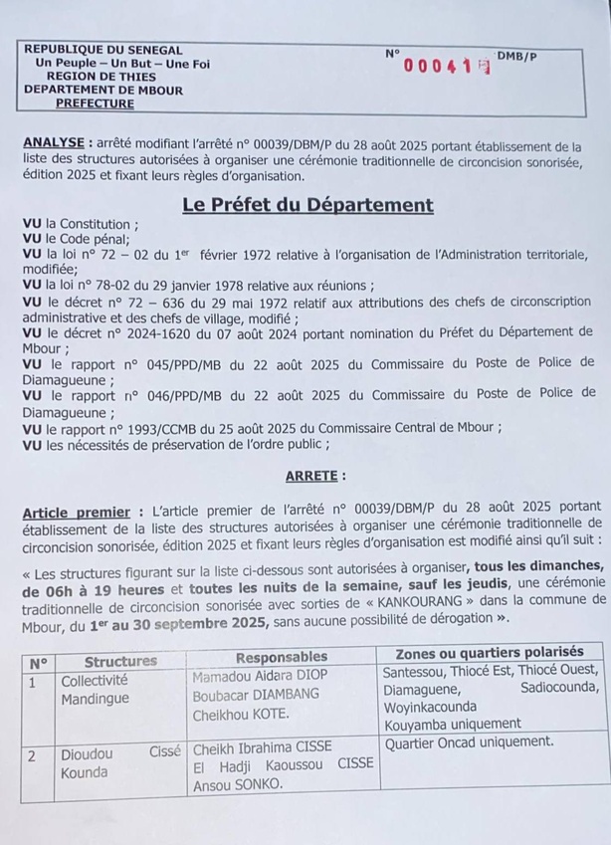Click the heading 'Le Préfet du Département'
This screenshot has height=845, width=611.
pos(307,206)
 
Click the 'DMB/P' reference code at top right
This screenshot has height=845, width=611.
pos(517,58)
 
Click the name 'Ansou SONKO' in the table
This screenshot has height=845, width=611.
pos(233,783)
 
